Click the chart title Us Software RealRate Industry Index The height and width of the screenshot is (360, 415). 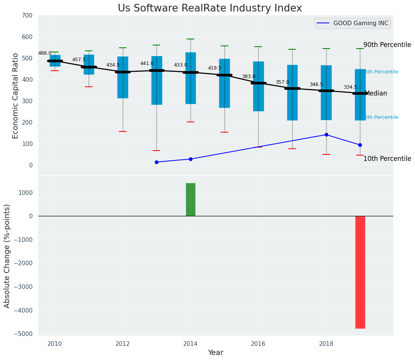click(x=210, y=8)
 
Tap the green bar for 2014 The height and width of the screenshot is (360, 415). click(x=190, y=199)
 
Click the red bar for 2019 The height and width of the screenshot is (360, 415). click(x=360, y=272)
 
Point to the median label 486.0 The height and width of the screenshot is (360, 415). click(x=45, y=53)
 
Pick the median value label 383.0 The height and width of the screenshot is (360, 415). click(x=248, y=76)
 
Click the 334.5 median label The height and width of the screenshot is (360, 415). click(x=350, y=87)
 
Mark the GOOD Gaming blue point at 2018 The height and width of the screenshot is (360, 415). click(x=326, y=135)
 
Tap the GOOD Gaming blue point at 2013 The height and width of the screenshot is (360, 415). click(x=156, y=162)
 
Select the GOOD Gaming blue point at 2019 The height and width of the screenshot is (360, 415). click(x=360, y=145)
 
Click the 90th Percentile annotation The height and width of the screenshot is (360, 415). click(x=387, y=45)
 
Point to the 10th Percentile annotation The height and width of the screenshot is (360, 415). click(x=387, y=159)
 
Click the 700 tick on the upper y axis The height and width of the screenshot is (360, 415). click(x=27, y=16)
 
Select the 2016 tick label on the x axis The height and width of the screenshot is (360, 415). click(x=258, y=344)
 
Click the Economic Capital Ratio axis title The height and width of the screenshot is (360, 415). click(x=16, y=96)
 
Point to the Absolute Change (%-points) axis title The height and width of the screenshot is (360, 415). click(x=7, y=256)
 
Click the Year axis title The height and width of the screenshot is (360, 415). click(x=215, y=353)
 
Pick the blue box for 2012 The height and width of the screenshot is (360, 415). click(x=123, y=77)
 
